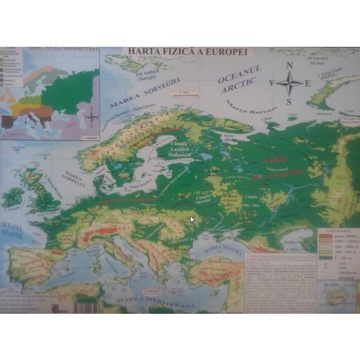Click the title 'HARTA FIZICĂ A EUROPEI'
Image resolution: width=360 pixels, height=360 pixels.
point(185,52)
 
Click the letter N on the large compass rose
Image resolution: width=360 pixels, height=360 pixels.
point(289,66)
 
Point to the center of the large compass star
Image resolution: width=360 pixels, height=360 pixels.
point(289,83)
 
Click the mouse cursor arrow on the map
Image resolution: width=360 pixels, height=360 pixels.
point(192,219)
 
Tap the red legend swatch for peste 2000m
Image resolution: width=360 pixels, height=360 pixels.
point(322,236)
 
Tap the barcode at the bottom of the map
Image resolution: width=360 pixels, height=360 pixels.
point(86,307)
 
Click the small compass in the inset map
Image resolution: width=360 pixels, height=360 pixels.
point(91,117)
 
